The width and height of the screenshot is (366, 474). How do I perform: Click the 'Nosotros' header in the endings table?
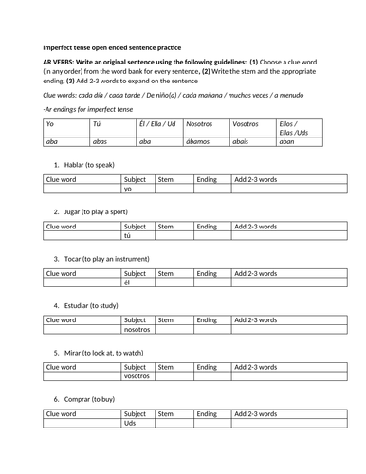[x=200, y=124]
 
